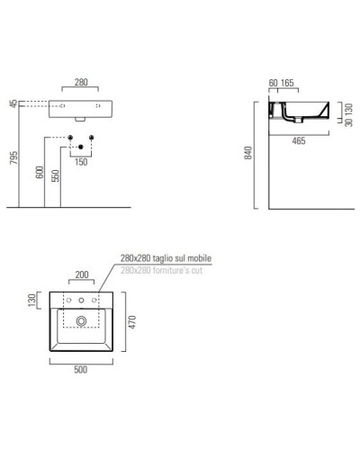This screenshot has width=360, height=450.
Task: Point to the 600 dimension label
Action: (x=40, y=174)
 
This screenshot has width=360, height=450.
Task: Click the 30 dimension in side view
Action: (x=346, y=123)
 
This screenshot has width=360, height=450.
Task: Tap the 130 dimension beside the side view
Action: (x=346, y=108)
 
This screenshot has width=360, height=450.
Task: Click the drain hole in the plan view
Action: (x=81, y=319)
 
